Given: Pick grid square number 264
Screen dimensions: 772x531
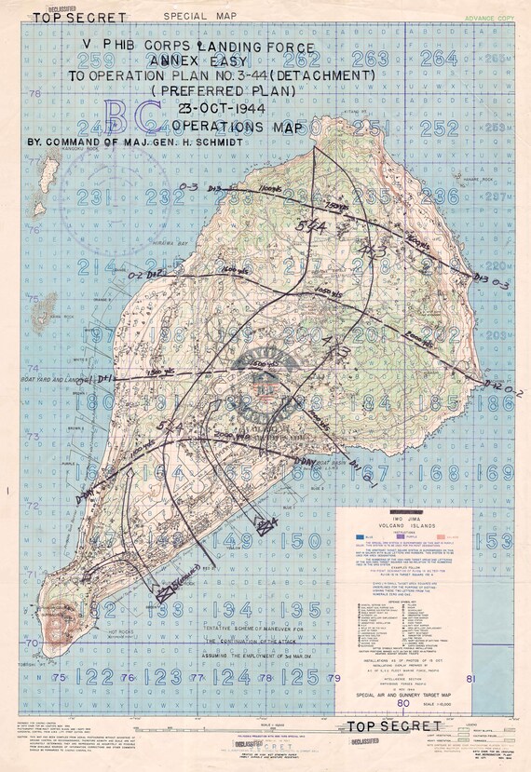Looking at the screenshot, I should (x=439, y=58).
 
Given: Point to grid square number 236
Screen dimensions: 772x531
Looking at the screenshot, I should (x=440, y=196).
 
